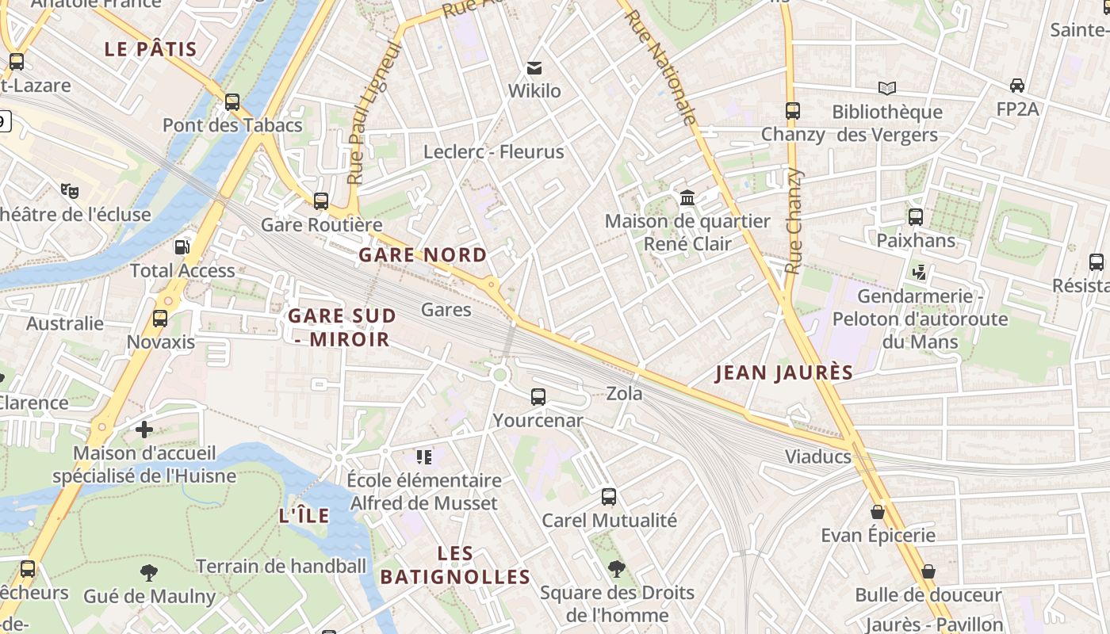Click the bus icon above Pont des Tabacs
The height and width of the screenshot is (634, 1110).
tap(232, 101)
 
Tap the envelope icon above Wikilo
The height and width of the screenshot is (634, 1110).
tap(534, 68)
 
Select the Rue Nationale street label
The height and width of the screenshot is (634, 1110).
tap(660, 68)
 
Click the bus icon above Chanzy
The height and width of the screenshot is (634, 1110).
tap(792, 111)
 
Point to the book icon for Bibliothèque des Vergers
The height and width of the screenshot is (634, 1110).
tap(887, 88)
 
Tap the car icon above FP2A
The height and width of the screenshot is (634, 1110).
tap(1017, 85)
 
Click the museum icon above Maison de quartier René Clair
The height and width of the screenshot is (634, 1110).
tap(687, 197)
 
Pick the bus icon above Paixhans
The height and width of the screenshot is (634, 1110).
tap(916, 216)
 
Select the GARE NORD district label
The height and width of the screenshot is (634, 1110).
tap(423, 254)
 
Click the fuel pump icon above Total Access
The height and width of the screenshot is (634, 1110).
tap(182, 246)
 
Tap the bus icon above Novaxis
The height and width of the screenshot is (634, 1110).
tap(160, 319)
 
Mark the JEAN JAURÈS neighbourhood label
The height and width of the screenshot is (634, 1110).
tap(784, 372)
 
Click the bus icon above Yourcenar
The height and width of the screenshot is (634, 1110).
tap(538, 396)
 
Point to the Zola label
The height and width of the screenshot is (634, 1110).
tap(625, 393)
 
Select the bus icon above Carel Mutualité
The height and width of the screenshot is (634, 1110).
tap(609, 497)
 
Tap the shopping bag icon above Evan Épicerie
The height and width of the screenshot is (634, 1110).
tap(878, 512)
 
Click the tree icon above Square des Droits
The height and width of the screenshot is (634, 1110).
tap(616, 568)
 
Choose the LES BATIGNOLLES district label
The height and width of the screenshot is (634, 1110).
tap(455, 565)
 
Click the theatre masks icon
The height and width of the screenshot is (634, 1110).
tap(70, 190)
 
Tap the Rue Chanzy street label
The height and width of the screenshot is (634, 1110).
tap(794, 222)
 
